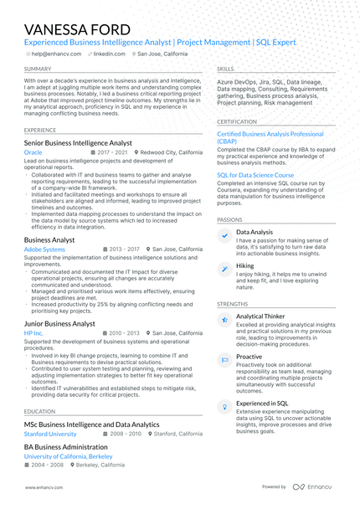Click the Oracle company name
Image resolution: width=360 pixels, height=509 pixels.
click(33, 153)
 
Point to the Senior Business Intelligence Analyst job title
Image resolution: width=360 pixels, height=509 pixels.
click(78, 143)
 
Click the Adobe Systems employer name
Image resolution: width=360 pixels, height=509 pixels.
click(44, 249)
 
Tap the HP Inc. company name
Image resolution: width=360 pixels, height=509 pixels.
click(33, 333)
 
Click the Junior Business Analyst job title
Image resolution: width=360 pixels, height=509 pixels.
click(59, 323)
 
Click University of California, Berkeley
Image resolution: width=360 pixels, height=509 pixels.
click(68, 457)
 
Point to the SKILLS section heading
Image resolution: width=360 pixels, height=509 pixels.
click(225, 69)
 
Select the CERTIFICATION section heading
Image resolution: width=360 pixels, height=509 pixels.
click(237, 121)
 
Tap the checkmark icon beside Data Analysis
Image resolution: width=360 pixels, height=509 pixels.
click(224, 236)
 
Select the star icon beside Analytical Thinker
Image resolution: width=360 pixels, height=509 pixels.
click(224, 320)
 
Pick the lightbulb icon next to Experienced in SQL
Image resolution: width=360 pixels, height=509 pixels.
click(224, 406)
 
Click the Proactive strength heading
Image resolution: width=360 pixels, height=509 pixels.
click(249, 357)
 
